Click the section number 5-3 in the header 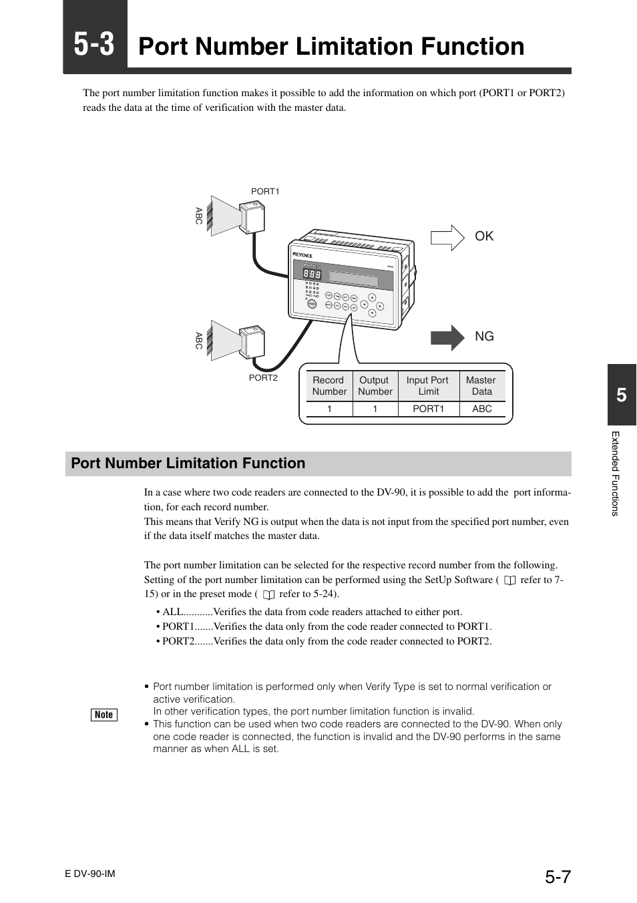94,45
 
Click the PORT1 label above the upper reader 265,192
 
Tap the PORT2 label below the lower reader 263,378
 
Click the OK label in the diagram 484,236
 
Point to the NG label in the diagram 484,337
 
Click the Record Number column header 329,386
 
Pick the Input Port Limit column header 428,386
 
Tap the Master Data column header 481,386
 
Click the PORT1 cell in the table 428,409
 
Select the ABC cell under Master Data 481,409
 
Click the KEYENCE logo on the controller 302,254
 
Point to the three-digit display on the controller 312,275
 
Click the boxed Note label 104,715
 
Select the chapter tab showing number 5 622,395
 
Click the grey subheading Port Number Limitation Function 188,464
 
